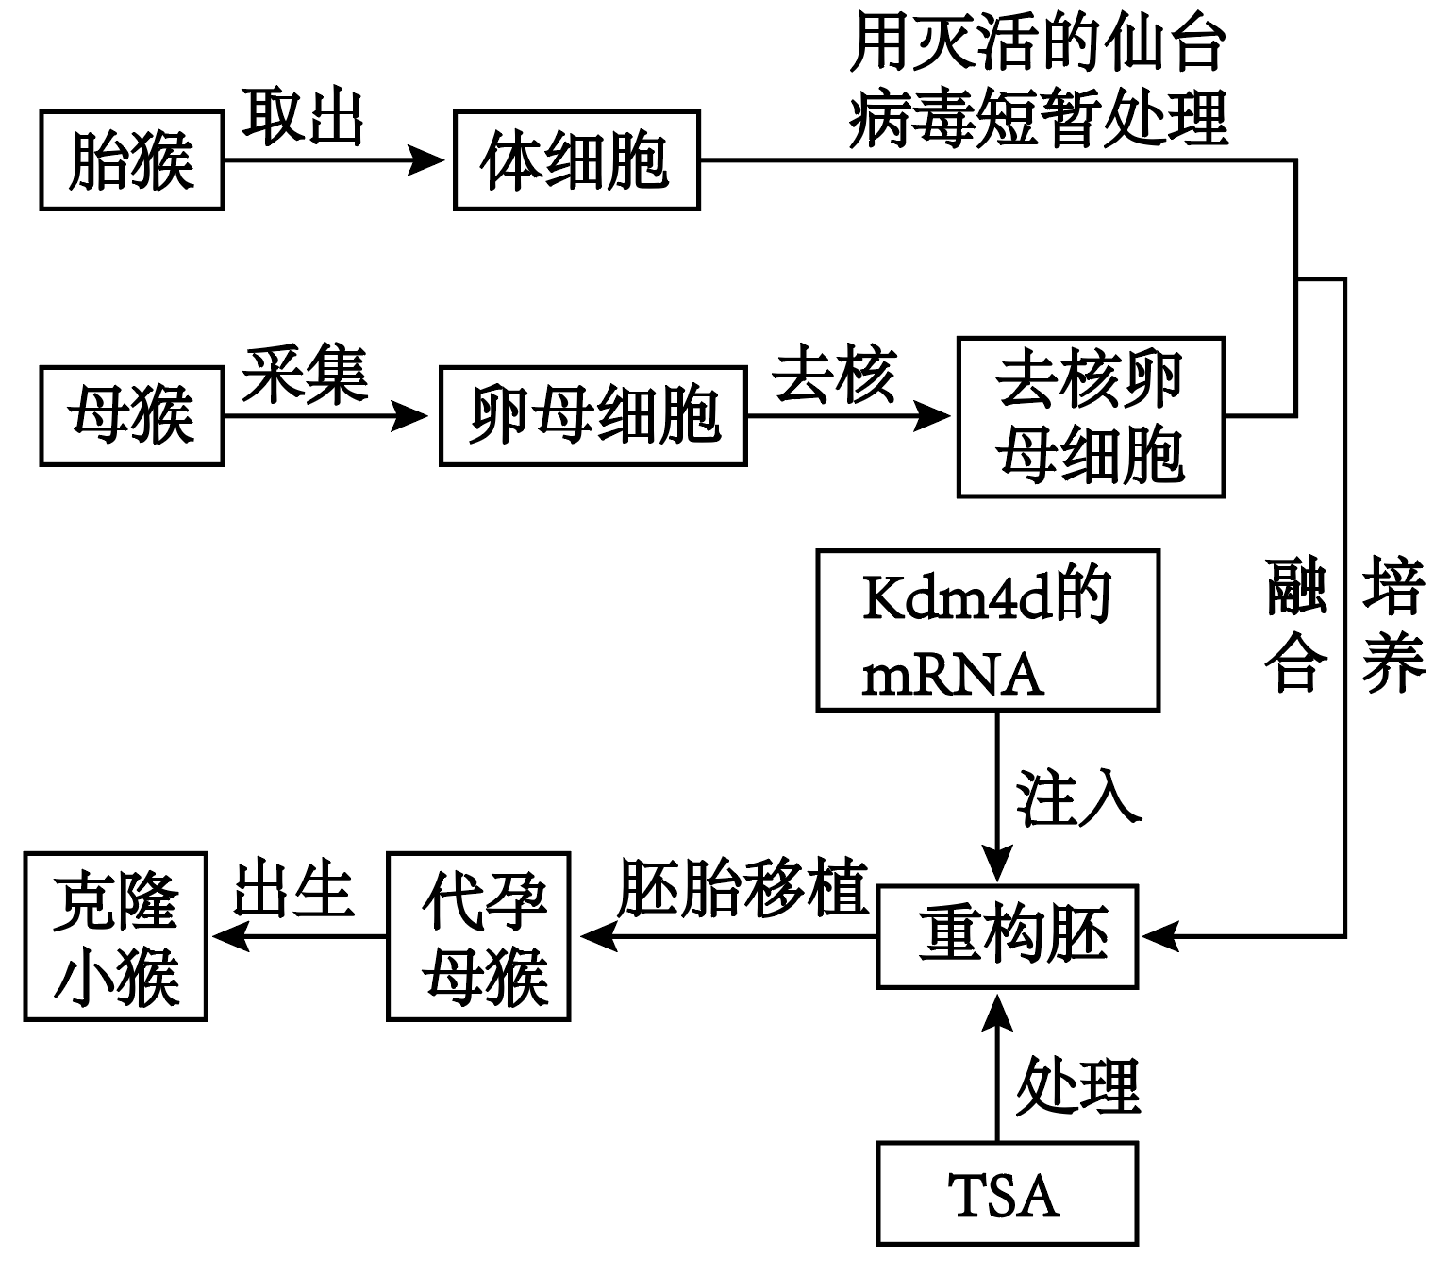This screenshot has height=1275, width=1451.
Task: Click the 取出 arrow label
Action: coord(302,117)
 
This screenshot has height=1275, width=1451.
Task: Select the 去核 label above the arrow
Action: coord(834,373)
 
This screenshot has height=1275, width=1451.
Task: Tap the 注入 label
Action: coord(1078,798)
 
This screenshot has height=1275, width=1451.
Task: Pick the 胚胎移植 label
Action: coord(742,888)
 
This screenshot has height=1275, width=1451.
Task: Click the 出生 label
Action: coord(293,889)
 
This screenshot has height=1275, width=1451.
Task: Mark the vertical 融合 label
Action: coord(1296,626)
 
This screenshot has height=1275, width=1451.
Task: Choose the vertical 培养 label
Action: coord(1393,626)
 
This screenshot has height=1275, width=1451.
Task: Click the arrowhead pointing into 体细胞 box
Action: coord(426,160)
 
